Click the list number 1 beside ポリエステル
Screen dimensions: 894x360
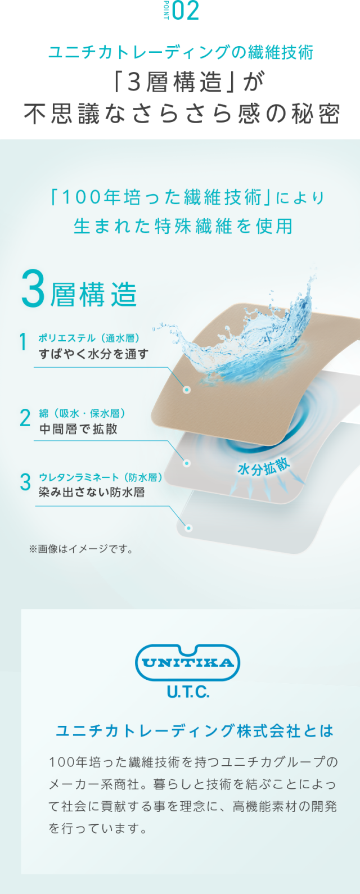click(23, 342)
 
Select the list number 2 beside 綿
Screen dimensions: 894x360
click(25, 418)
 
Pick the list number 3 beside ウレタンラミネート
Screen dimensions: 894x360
click(25, 482)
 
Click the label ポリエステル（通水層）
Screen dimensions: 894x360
click(89, 338)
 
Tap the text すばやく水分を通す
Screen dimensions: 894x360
click(93, 354)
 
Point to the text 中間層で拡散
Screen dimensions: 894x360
click(78, 429)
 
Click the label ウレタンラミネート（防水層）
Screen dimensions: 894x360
click(101, 477)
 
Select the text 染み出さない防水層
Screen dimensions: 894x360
click(92, 493)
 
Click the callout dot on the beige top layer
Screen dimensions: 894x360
click(187, 390)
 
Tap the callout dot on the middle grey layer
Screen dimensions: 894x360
click(187, 463)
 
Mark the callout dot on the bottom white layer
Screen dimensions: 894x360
click(189, 529)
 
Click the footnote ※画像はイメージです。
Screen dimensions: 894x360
click(82, 549)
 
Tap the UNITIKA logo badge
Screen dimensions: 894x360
click(187, 663)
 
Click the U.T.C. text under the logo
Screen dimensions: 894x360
click(188, 692)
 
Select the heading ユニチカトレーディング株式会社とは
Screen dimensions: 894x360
click(195, 731)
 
